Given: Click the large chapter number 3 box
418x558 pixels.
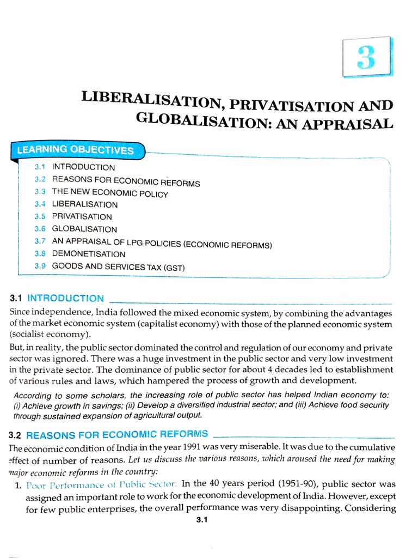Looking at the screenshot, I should (x=367, y=57).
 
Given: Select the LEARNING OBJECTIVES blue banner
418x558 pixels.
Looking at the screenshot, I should (x=76, y=150).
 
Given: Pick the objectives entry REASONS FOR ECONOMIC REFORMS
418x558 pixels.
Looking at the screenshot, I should (x=126, y=181).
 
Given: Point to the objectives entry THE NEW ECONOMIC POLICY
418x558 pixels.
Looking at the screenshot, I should (x=110, y=193).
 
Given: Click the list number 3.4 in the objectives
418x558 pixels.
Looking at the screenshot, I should (x=40, y=204).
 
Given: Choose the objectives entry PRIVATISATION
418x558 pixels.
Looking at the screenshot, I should (x=82, y=217).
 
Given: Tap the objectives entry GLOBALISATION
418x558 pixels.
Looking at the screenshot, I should (x=84, y=229).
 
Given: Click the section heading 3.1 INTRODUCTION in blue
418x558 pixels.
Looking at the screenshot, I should (x=57, y=298).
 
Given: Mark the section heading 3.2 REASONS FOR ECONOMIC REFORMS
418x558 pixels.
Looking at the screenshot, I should (x=109, y=434).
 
